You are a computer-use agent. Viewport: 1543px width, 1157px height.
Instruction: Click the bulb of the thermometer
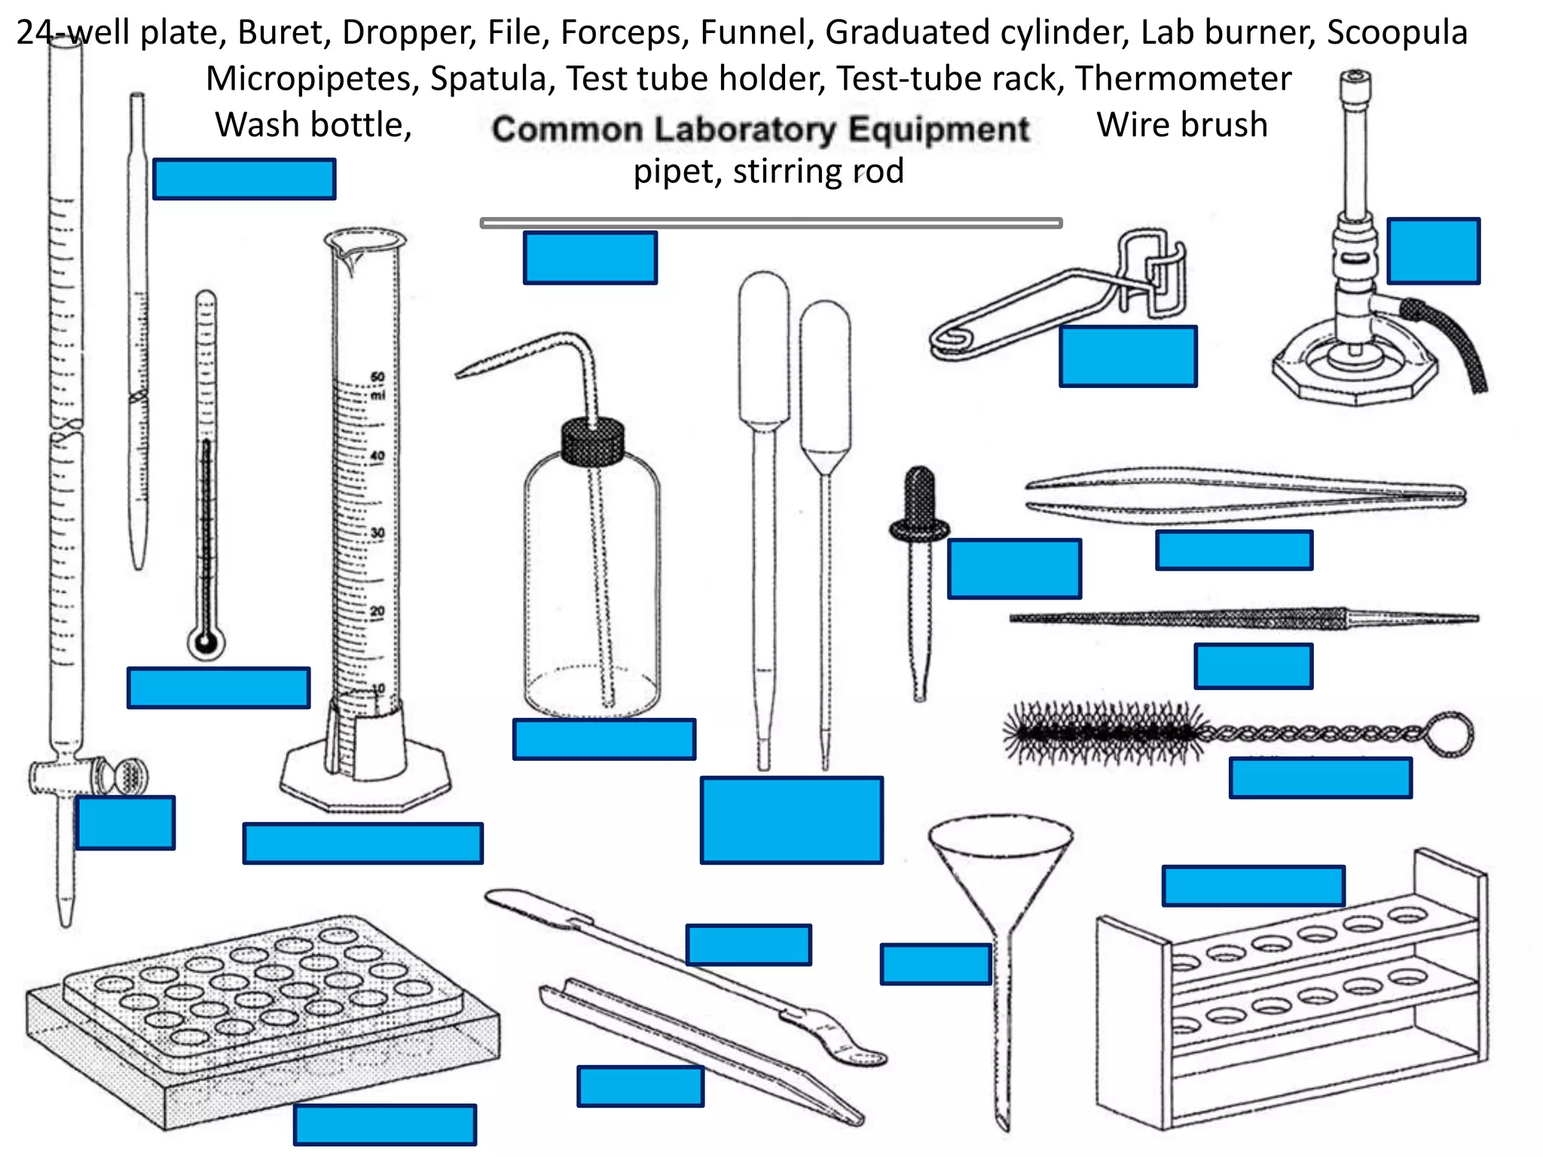point(206,643)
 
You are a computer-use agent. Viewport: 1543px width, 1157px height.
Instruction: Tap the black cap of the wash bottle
point(593,441)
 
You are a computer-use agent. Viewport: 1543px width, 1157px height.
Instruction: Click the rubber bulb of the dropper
point(919,493)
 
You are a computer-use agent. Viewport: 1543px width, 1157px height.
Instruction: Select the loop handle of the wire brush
point(1450,734)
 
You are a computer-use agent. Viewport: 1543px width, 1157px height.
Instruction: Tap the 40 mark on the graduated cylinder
point(377,456)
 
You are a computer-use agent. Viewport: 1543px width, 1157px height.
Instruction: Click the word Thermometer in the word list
point(1183,78)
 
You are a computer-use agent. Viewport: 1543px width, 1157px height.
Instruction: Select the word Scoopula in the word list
point(1397,32)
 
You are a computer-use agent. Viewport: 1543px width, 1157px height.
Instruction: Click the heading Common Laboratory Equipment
point(760,129)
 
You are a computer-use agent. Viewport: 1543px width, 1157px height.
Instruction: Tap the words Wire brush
point(1181,125)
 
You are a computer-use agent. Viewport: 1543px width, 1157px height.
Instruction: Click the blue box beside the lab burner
point(1433,251)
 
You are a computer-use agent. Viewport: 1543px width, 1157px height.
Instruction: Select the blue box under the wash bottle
point(603,739)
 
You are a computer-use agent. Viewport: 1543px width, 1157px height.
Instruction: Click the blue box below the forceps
point(1233,550)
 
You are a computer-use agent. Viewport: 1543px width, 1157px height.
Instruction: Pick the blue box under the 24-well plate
point(384,1125)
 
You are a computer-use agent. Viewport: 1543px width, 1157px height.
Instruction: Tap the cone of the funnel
point(1001,866)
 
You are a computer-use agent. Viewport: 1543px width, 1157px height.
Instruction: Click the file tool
point(1243,619)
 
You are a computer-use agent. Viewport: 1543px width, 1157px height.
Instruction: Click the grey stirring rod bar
point(771,223)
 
